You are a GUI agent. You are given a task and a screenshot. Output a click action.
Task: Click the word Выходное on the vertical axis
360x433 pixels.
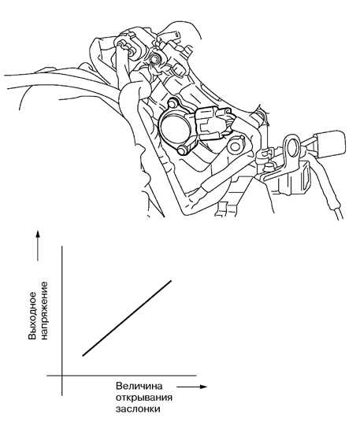pos(32,316)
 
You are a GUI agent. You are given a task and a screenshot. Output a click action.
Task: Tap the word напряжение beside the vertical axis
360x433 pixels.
pos(44,311)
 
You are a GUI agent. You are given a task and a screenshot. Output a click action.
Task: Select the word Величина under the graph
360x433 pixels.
pos(139,386)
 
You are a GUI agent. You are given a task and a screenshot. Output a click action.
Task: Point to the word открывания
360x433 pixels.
pos(144,398)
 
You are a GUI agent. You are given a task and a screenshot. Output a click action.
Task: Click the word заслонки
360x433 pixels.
pos(138,409)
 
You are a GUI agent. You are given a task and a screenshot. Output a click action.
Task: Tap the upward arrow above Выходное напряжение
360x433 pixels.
pos(38,246)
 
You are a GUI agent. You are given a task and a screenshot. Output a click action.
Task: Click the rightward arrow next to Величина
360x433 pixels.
pos(191,387)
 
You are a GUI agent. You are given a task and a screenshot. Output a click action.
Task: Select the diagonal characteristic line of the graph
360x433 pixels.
pos(127,318)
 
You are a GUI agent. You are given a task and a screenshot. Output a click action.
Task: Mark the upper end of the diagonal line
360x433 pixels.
pos(171,281)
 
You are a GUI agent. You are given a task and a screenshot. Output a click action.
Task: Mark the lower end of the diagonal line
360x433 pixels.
pos(83,356)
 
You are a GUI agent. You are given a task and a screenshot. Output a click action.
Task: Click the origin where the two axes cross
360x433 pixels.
pos(62,376)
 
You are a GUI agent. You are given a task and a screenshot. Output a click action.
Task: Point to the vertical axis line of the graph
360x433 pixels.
pos(62,320)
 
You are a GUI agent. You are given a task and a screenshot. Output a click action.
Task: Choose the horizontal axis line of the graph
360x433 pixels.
pos(121,376)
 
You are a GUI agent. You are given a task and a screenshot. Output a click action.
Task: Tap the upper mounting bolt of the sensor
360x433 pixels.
pos(173,103)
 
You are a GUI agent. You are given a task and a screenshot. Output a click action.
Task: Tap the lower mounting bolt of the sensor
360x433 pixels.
pos(183,150)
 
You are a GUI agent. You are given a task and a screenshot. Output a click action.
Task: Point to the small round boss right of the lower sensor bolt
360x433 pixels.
pos(236,146)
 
